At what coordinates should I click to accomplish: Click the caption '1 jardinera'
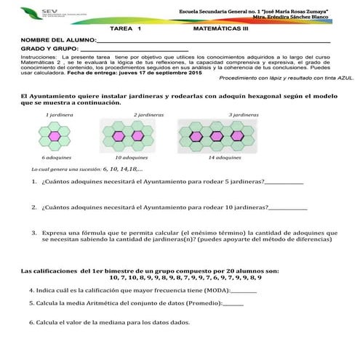57,115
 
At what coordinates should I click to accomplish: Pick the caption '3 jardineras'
244,115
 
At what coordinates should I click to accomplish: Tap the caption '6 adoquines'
56,158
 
